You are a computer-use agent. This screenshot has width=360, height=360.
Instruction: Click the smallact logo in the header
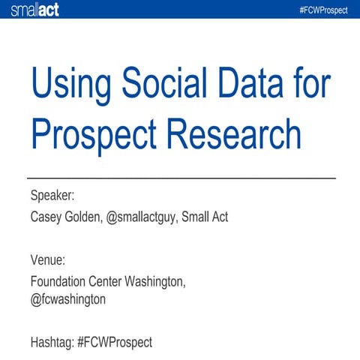(34, 9)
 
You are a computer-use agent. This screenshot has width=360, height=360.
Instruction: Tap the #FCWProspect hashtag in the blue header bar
(326, 9)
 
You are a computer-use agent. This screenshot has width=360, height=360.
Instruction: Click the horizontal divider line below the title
(180, 178)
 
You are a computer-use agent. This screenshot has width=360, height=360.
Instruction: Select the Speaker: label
(52, 196)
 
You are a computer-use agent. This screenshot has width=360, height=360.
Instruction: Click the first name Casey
(46, 217)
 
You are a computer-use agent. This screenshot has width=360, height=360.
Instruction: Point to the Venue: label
(48, 260)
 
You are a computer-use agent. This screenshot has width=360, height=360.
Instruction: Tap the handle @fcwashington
(68, 298)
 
